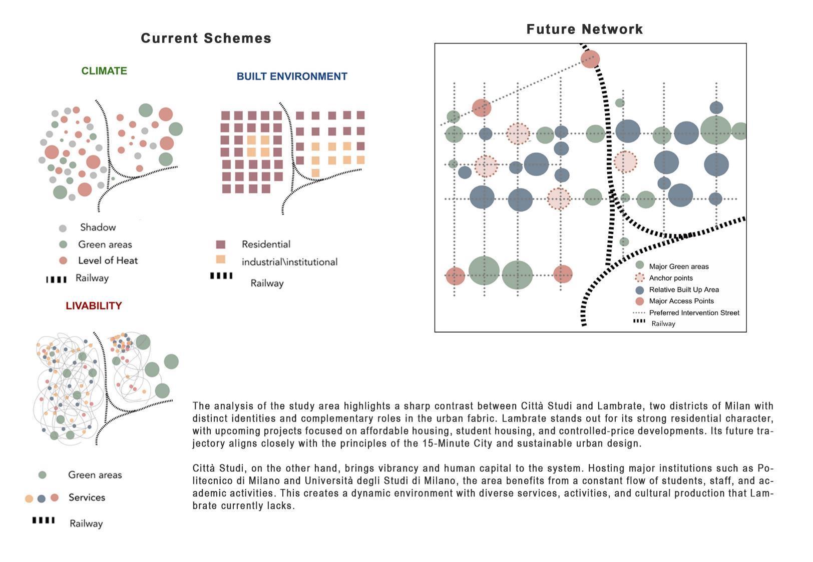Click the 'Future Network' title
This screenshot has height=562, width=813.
tap(584, 29)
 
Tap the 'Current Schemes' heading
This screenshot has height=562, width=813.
tap(206, 38)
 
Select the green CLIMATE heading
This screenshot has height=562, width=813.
tap(104, 71)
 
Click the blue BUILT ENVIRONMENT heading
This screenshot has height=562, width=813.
tap(292, 76)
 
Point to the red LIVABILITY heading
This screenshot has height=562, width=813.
tap(94, 306)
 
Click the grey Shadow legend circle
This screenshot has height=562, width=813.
tap(63, 228)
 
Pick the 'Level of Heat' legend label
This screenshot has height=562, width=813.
tap(108, 260)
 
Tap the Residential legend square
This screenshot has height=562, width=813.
tap(220, 244)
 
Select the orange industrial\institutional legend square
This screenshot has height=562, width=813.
tap(220, 259)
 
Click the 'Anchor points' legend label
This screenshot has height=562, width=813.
tap(671, 278)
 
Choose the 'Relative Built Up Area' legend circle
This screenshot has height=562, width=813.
tap(639, 290)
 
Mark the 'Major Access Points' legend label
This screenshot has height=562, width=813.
tap(681, 301)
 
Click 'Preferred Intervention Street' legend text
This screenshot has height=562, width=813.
tap(694, 313)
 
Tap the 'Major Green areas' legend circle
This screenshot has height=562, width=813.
tap(639, 266)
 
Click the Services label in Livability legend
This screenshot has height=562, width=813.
tap(87, 497)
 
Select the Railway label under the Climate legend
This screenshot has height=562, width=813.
tap(92, 278)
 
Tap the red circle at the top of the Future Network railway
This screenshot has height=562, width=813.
tap(590, 58)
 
